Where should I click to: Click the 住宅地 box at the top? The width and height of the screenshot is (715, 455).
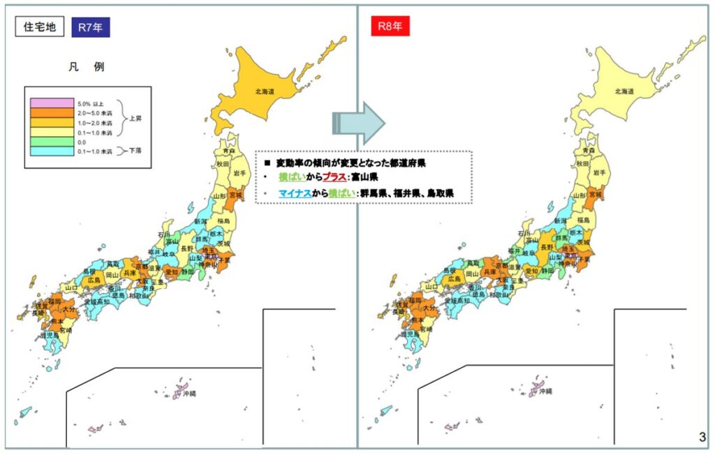click(x=40, y=29)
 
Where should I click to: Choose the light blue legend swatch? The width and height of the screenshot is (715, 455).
click(x=52, y=149)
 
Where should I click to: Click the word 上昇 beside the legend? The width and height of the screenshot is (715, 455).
click(x=137, y=117)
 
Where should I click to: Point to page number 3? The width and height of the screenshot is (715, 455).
click(x=702, y=438)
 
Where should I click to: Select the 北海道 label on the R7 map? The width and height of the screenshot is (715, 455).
click(x=265, y=91)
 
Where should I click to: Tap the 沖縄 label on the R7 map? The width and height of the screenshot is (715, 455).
click(x=189, y=395)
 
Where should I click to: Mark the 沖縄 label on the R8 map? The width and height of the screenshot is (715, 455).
click(x=540, y=393)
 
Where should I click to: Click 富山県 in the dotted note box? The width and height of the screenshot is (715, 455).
click(x=364, y=177)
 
